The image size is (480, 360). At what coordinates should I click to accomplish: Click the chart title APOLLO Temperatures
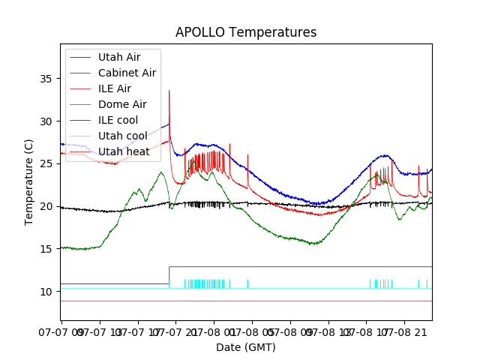pos(246,32)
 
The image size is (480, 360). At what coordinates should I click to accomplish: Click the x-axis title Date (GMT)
pos(246,347)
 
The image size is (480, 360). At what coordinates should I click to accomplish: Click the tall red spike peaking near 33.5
pos(169,91)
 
